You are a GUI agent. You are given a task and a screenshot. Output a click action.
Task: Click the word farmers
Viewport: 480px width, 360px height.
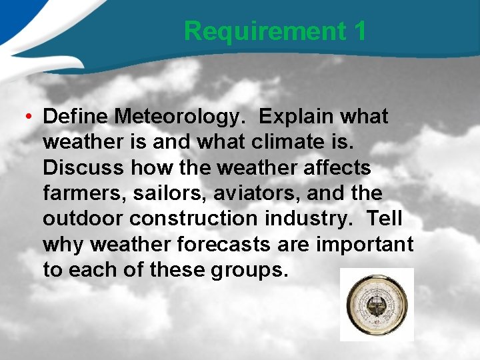click(84, 193)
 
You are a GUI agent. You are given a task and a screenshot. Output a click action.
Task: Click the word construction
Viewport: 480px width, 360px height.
click(198, 219)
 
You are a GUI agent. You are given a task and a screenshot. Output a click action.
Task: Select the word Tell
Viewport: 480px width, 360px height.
click(385, 219)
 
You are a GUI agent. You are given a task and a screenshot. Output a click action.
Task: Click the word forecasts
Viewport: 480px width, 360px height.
click(223, 244)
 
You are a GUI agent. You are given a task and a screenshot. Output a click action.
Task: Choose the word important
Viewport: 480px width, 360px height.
click(365, 244)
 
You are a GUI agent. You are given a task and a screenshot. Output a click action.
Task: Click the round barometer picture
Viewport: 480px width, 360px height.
click(376, 304)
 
